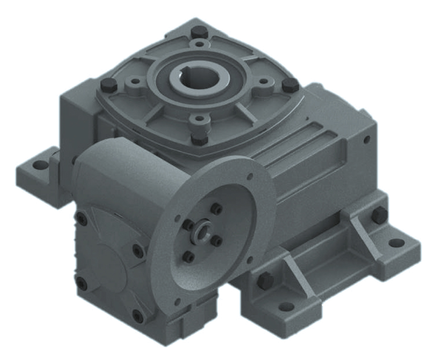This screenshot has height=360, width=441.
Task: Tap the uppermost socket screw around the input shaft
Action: [x=217, y=209]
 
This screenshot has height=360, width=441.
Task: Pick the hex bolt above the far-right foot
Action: [x=378, y=214]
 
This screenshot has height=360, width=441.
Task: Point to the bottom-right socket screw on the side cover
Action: [x=138, y=314]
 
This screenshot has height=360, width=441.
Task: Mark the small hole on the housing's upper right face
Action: [x=367, y=140]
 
